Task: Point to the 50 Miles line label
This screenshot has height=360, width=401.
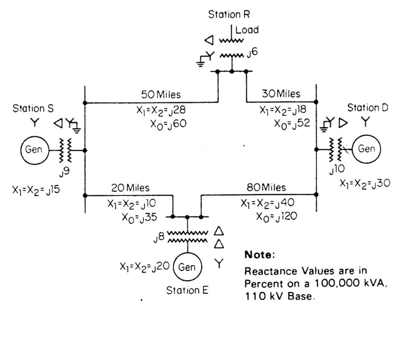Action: point(161,94)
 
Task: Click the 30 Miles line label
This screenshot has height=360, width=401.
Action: point(281,94)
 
